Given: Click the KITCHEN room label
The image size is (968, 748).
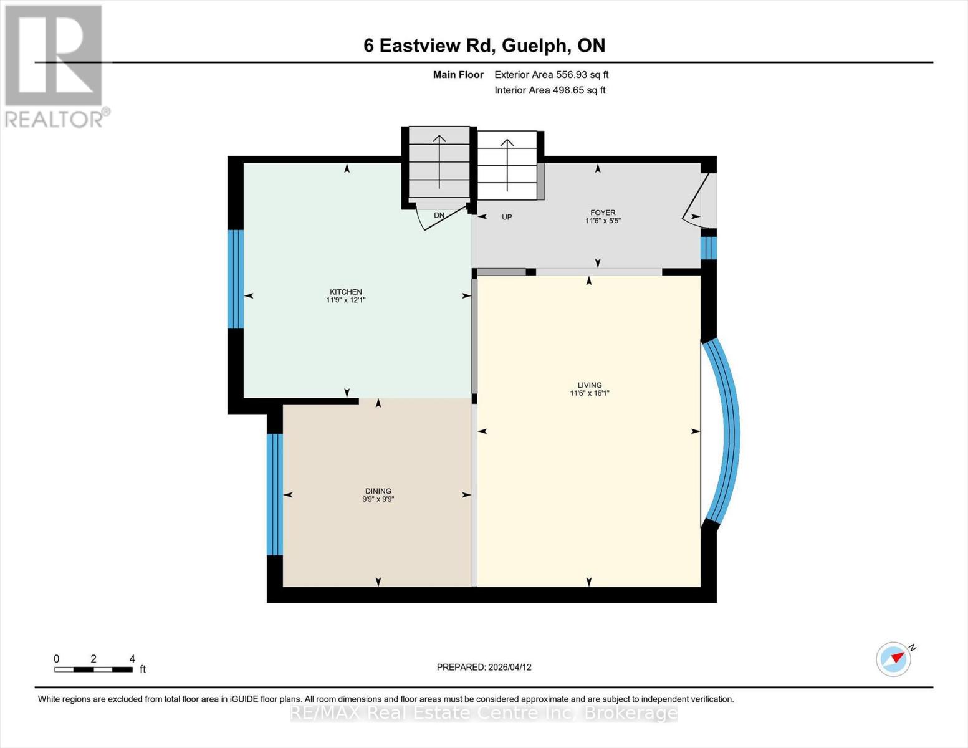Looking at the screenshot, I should click(345, 292).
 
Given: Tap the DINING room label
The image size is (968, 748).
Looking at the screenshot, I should click(378, 491).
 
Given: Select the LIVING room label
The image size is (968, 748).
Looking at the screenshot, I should click(589, 385).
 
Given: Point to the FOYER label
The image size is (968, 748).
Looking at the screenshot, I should click(603, 213).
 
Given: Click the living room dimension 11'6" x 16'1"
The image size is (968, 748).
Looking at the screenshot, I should click(589, 393).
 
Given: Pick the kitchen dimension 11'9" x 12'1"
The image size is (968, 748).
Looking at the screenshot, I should click(345, 300).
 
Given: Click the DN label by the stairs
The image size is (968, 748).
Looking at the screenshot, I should click(439, 215).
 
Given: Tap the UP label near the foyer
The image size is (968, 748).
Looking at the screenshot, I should click(507, 218).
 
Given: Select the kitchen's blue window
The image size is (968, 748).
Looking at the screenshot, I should click(235, 279).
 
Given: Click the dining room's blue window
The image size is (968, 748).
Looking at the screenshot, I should click(274, 494).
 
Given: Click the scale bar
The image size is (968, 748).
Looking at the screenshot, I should click(93, 669).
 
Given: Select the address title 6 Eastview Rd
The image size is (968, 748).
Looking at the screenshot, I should click(484, 46).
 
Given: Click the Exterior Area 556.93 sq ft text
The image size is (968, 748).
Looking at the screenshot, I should click(551, 75).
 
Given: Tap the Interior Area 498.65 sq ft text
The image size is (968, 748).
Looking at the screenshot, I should click(550, 90).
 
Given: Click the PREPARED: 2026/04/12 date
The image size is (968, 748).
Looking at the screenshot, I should click(484, 667).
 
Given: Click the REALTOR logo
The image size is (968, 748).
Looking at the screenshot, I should click(55, 65).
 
